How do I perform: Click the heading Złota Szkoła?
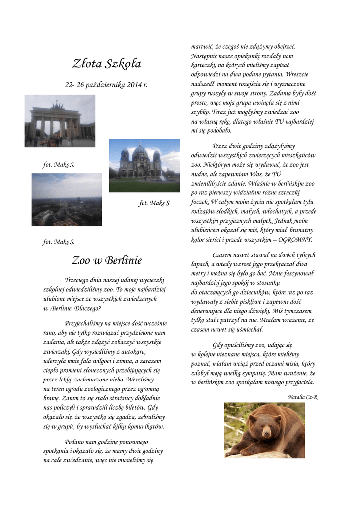click(x=106, y=63)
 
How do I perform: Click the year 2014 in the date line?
click(x=133, y=85)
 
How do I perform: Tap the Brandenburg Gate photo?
click(x=60, y=121)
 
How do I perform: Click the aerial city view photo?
click(x=67, y=199)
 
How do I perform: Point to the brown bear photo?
click(x=264, y=430)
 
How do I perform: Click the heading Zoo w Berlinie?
click(x=106, y=260)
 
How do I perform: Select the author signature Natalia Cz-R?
click(x=302, y=397)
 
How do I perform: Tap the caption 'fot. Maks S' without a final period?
click(x=154, y=203)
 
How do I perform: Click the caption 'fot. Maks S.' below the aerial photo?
click(x=59, y=242)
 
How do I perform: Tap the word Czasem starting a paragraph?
click(x=222, y=255)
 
